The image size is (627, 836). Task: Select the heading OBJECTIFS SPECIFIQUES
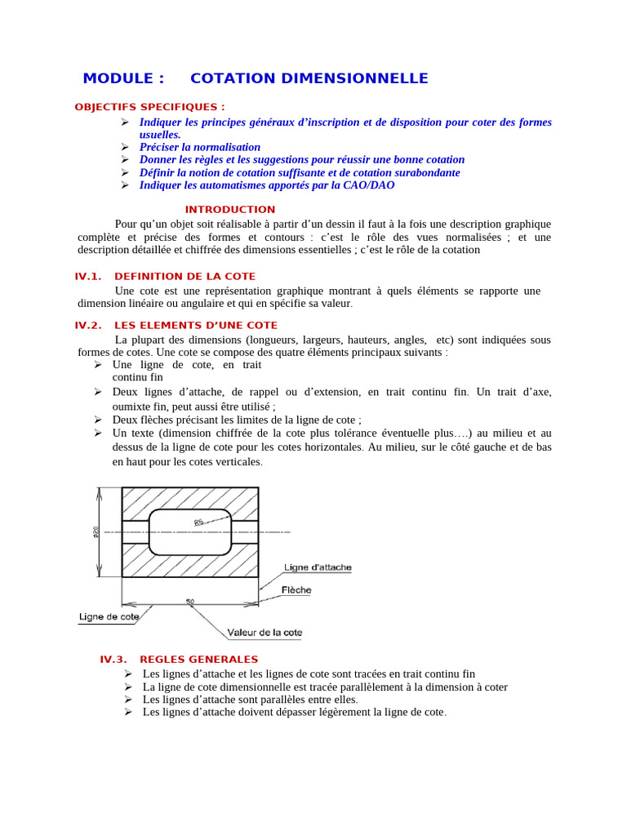coord(149,107)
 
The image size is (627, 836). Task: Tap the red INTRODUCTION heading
coord(230,210)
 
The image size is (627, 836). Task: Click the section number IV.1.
coord(88,277)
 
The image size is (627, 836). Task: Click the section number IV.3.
coord(113,660)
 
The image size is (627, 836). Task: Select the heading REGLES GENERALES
coord(199,660)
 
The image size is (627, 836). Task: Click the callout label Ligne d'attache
coord(318,567)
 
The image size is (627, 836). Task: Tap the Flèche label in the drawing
coord(296,589)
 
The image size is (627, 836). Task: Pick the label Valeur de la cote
coord(265,633)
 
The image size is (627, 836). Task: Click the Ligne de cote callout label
coord(109,617)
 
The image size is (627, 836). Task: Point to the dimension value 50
coord(189,602)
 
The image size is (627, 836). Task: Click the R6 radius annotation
coord(198,522)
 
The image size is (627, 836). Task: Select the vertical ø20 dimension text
coord(96,531)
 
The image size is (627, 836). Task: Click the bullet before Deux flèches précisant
coord(98,420)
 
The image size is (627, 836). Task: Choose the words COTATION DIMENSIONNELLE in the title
coord(309,78)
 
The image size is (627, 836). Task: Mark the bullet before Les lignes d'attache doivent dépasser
coord(128,712)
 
